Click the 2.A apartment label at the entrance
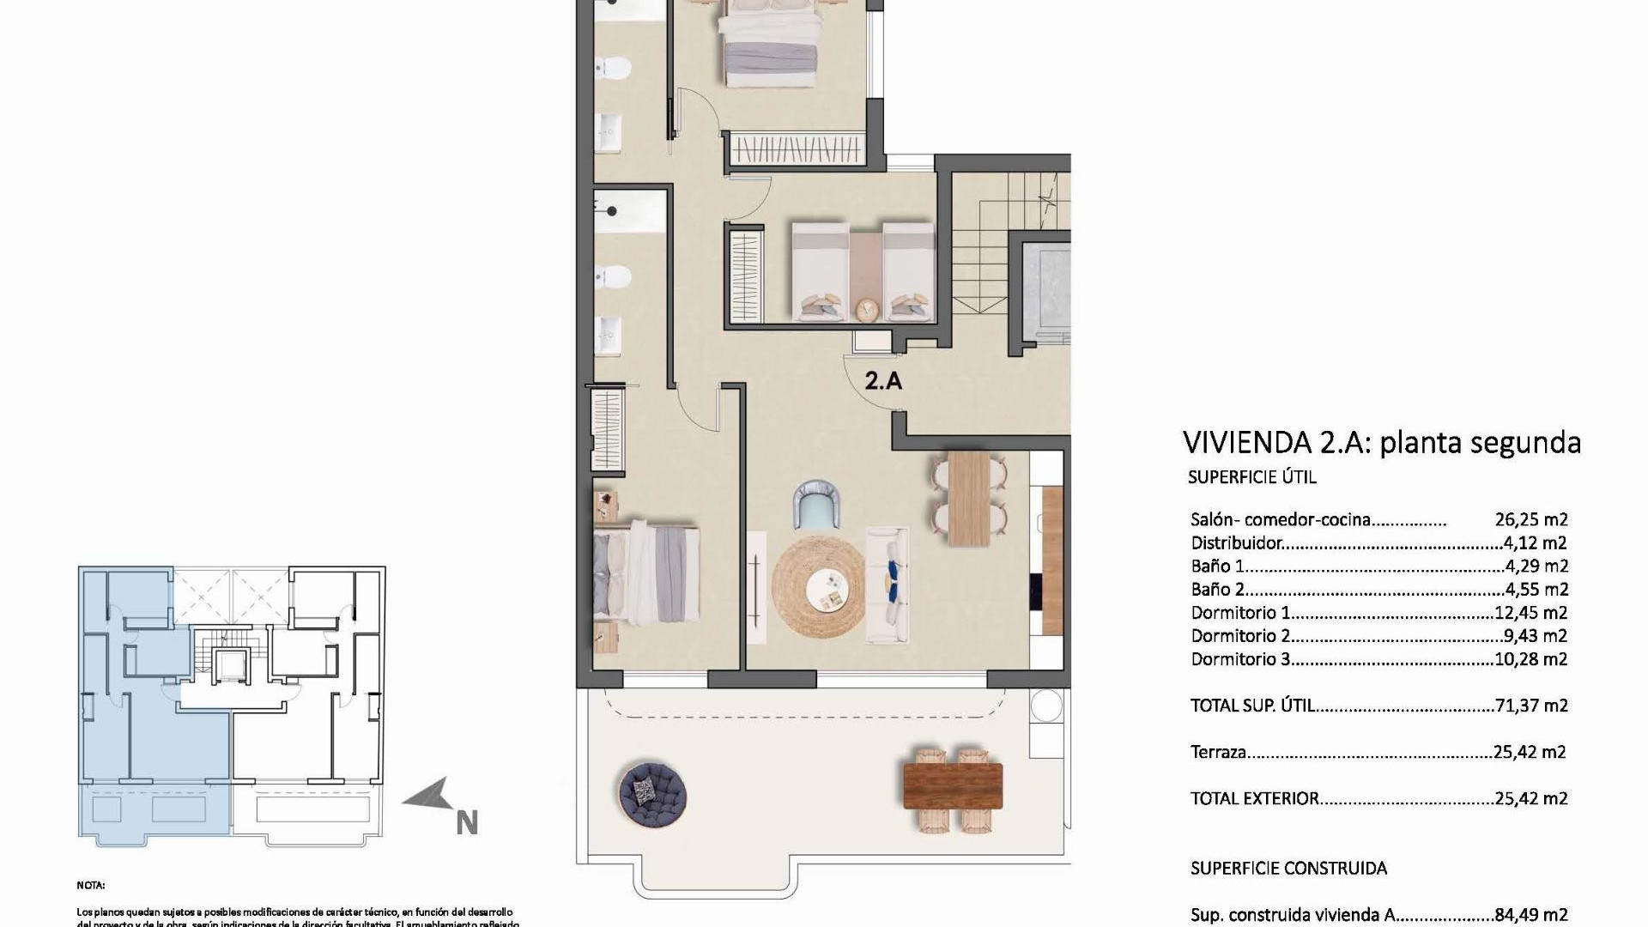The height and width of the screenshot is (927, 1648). point(883,380)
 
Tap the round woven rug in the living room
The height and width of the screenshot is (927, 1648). point(818,586)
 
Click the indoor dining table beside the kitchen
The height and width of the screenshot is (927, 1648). point(969,498)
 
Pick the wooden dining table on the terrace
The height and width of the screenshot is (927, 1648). point(952,785)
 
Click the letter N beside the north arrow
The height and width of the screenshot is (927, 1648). point(466,823)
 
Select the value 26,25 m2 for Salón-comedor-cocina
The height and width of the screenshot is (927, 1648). point(1531,519)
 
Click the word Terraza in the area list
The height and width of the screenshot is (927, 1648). point(1218,753)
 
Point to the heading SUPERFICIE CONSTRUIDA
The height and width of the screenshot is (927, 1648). point(1288,869)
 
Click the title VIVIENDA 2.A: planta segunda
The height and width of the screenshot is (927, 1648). point(1381,443)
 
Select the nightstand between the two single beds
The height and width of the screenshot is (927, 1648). point(867,307)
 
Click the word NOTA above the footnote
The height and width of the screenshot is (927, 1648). point(91,885)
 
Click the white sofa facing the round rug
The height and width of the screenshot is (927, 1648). point(888,585)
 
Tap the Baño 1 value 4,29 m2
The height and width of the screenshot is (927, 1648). point(1536,566)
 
